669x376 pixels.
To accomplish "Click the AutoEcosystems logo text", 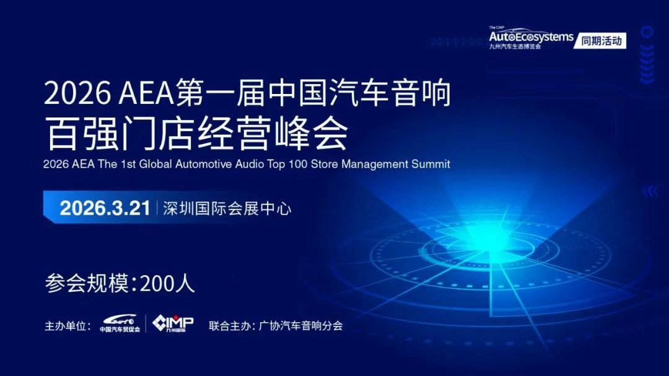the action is pos(531,36).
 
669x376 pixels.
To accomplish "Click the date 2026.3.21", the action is pos(105,208).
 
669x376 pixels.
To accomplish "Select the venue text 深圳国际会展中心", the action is pos(227,208).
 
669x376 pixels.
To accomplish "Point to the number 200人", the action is pos(167,283).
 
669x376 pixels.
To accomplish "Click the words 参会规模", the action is pos(87,283).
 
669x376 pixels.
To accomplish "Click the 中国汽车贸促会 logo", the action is pos(120,323).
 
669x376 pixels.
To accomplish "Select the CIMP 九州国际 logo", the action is pos(173,323).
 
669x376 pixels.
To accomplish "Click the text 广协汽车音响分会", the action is pos(301,326).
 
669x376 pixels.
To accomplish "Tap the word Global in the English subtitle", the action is pos(155,164).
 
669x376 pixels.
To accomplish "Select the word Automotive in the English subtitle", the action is pos(203,164).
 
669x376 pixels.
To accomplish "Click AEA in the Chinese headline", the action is pos(146,93).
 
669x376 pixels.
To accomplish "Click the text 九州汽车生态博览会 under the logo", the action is pos(515,46).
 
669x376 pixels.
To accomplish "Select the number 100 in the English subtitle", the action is pos(298,164).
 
